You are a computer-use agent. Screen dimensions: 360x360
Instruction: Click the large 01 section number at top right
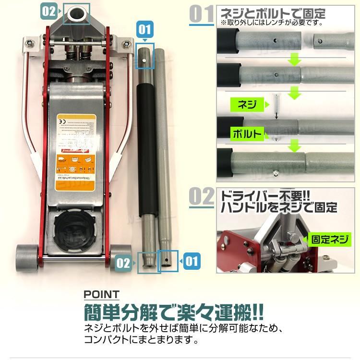[202, 15]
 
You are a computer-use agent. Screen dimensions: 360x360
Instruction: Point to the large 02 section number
[202, 197]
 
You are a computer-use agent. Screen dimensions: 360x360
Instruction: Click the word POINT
[102, 294]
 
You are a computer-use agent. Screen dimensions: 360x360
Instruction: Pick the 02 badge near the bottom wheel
[123, 263]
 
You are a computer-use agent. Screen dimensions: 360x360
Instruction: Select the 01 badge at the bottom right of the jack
[191, 262]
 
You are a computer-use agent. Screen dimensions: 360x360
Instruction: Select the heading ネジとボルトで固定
[272, 13]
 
